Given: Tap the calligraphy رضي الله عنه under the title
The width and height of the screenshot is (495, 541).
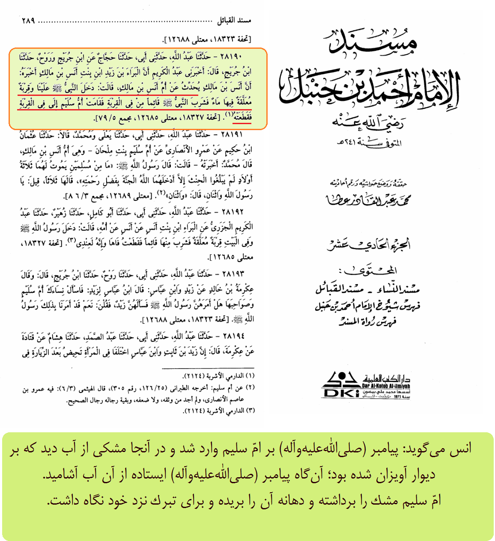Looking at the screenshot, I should coord(367,123).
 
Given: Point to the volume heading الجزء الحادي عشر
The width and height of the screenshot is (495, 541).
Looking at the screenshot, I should coord(369,245).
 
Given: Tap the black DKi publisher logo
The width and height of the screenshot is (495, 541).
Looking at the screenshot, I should coord(341,385).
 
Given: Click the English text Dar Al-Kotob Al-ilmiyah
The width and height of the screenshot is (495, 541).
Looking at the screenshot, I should coord(386,386).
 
